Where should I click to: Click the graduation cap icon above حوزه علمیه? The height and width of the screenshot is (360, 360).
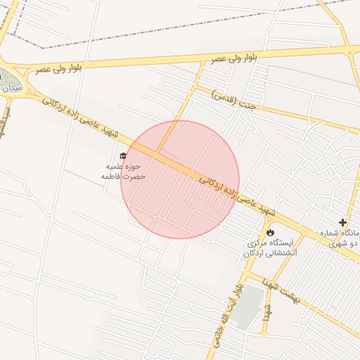(123, 156)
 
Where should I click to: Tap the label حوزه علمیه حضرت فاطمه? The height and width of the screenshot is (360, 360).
(123, 172)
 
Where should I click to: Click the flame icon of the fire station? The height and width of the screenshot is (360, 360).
(270, 231)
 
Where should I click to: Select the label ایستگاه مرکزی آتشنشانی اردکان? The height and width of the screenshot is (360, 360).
(270, 247)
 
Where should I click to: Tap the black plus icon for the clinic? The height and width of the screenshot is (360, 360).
(342, 222)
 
